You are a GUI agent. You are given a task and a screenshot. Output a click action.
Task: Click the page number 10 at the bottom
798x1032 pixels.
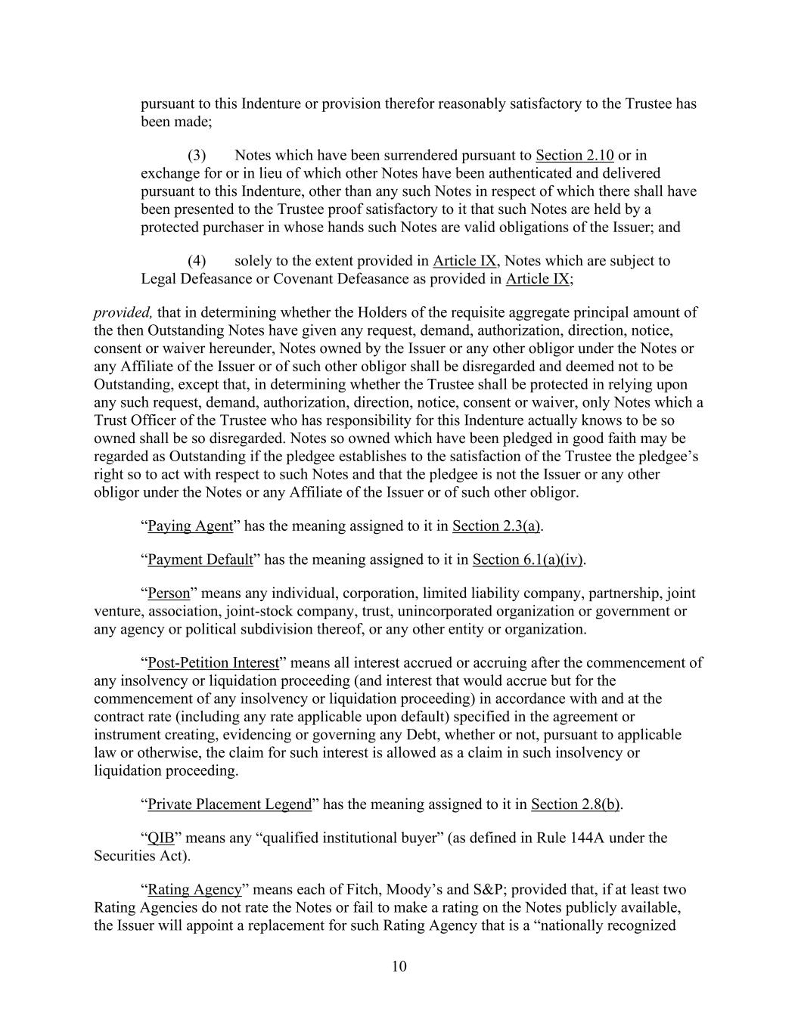(399, 966)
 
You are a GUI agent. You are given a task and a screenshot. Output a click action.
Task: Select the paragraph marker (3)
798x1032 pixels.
(197, 156)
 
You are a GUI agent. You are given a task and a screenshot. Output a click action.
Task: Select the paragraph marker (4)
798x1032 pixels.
(197, 261)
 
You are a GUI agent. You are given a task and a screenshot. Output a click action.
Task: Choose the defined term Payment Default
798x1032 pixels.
(200, 559)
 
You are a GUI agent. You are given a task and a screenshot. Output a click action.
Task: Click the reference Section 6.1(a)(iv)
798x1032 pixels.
(528, 559)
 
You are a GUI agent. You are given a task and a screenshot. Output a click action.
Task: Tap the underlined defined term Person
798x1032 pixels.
(169, 593)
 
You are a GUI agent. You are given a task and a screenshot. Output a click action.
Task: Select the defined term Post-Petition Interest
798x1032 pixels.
(213, 663)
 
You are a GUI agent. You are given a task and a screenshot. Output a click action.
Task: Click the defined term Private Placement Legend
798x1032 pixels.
(229, 804)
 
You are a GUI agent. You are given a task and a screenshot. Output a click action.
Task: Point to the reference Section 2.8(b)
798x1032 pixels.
(576, 804)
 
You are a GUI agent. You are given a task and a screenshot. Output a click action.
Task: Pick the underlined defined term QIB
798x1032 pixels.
(160, 838)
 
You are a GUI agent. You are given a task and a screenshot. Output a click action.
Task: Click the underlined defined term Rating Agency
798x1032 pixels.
(194, 890)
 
